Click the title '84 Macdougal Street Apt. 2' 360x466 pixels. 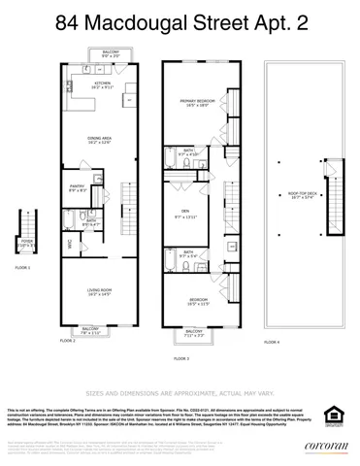pos(180,19)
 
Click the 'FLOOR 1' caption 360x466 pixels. pos(23,267)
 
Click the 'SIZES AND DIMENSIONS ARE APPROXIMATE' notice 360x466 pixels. pos(180,393)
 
